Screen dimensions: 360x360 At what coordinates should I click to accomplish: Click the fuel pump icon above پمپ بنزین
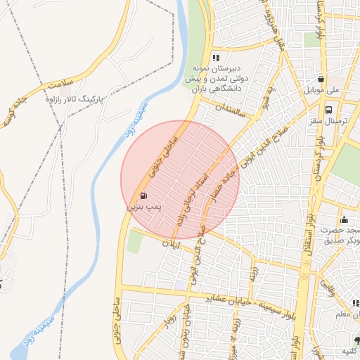pyautogui.click(x=144, y=195)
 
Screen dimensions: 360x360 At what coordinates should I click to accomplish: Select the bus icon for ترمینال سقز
pyautogui.click(x=328, y=109)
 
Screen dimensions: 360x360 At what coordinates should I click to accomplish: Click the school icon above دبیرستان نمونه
pyautogui.click(x=217, y=58)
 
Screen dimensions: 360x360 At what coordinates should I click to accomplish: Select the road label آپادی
pyautogui.click(x=171, y=244)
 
